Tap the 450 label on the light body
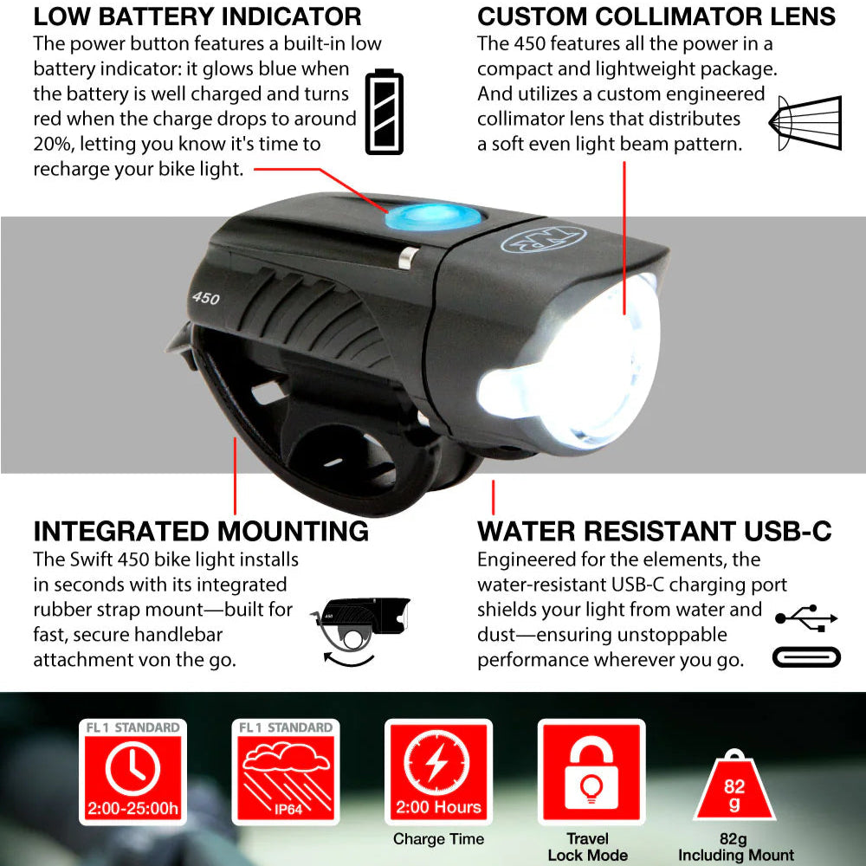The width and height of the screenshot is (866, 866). point(205,298)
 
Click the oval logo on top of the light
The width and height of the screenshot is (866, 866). point(543,238)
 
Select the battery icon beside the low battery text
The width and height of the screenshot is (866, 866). point(385,112)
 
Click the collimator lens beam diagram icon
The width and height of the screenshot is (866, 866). point(805,123)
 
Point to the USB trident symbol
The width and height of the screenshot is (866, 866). point(806,618)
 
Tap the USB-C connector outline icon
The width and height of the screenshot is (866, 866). point(806,657)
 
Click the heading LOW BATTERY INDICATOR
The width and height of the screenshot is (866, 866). point(197,16)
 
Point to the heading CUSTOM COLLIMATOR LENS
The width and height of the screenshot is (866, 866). point(656,16)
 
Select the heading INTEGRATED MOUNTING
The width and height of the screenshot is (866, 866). point(201,532)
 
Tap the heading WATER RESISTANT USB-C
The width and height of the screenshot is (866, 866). point(655,532)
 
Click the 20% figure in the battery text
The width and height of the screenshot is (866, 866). point(53,144)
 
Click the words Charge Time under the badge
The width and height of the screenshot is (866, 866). point(438,839)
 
